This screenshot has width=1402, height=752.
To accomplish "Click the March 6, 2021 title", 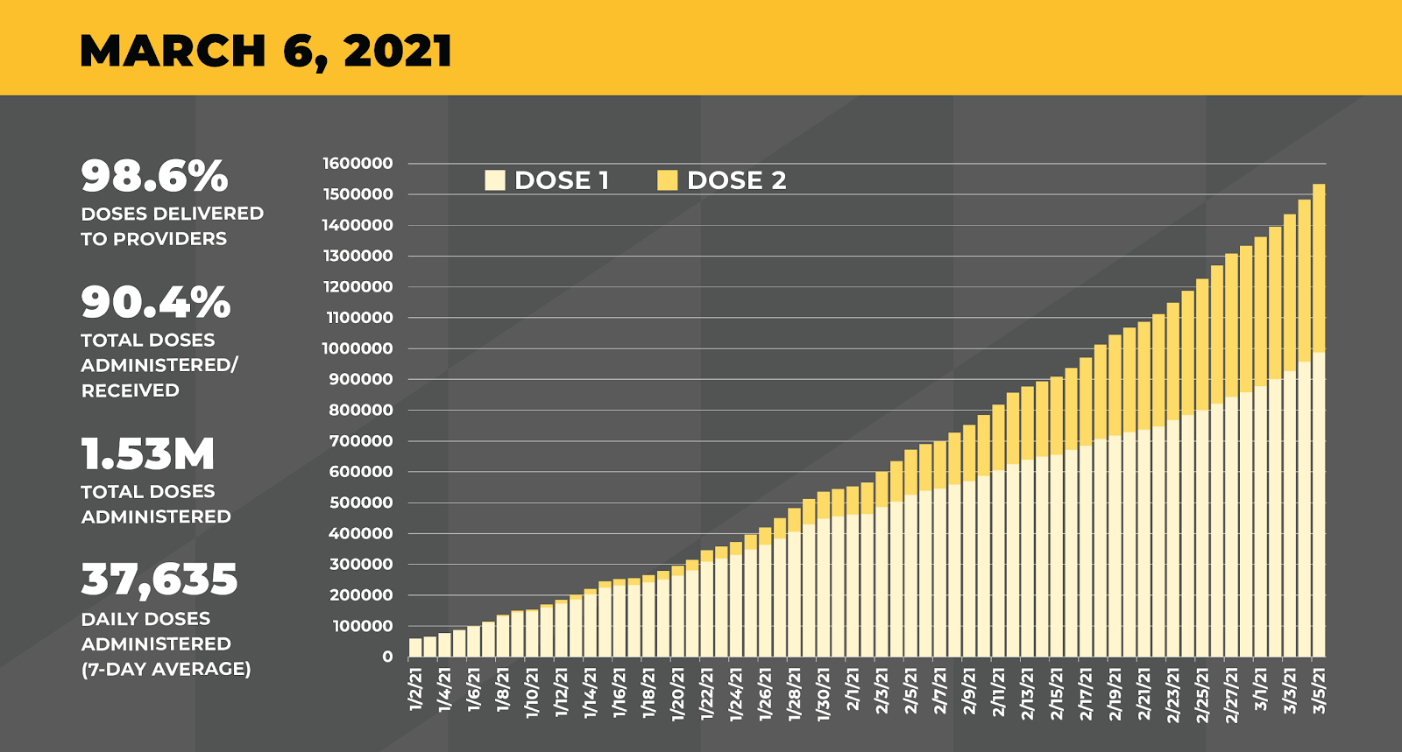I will click(266, 51).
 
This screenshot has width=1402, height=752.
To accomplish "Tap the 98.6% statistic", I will click(154, 176).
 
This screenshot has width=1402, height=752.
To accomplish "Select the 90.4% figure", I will click(156, 303).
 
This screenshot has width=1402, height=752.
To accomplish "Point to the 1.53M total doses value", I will click(148, 454).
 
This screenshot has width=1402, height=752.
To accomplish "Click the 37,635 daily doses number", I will click(159, 580).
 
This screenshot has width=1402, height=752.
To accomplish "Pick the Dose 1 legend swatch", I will click(495, 180).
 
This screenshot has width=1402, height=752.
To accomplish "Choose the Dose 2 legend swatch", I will click(668, 180).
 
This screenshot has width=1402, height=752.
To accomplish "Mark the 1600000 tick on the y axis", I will click(358, 164).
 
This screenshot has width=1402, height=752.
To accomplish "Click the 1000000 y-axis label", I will click(358, 348).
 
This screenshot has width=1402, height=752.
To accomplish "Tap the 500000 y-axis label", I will click(361, 503).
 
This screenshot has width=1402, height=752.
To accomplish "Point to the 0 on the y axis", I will click(387, 657).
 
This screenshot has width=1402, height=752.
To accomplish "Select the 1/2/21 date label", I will click(416, 689).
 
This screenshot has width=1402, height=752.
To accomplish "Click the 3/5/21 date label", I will click(1319, 691).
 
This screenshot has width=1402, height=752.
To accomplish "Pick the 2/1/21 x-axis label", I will click(853, 689).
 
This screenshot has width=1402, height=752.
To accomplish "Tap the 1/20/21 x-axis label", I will click(678, 692).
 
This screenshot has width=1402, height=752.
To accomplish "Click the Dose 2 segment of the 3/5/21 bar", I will click(1319, 267).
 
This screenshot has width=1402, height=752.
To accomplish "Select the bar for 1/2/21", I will click(415, 648).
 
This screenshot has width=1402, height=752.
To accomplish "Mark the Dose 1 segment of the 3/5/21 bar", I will click(1319, 508).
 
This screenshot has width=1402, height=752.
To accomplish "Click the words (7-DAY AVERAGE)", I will click(166, 669).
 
